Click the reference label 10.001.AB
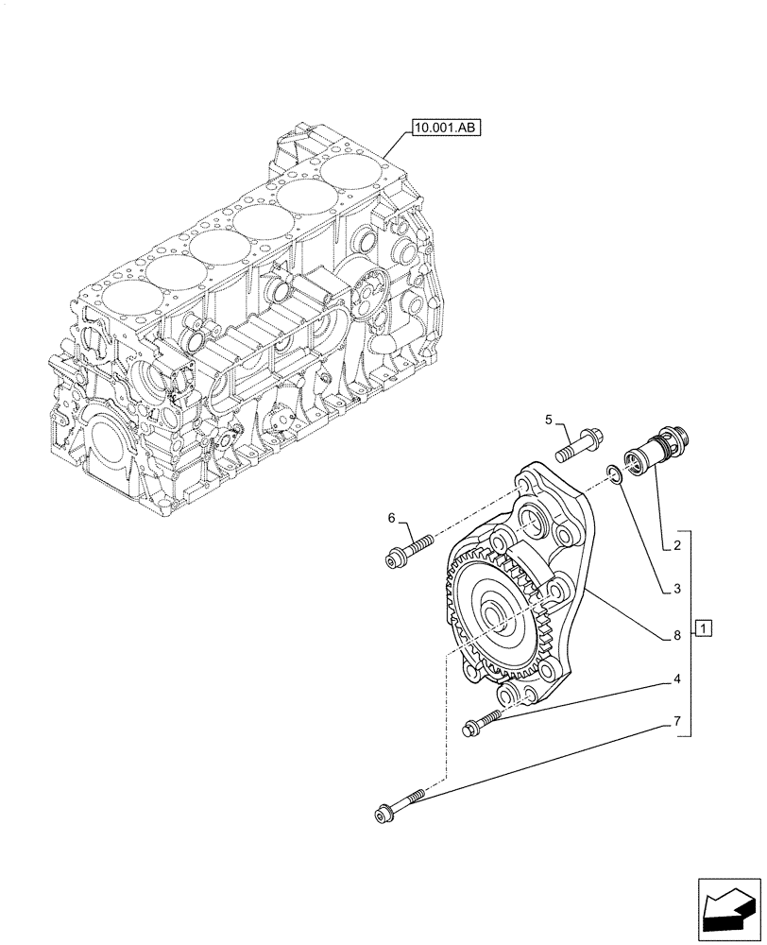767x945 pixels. [445, 127]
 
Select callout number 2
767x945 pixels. [677, 546]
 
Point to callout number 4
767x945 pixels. [677, 679]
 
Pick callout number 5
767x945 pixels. [547, 419]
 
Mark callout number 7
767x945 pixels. [677, 722]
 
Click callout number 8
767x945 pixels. [677, 636]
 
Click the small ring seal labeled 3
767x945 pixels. [616, 472]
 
